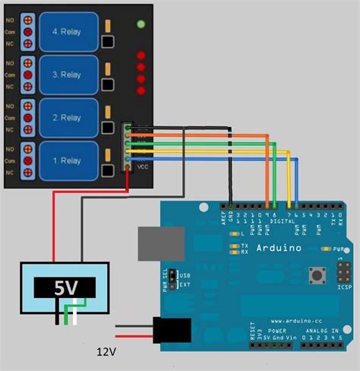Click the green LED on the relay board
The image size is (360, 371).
141,24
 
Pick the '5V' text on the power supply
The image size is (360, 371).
64,287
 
